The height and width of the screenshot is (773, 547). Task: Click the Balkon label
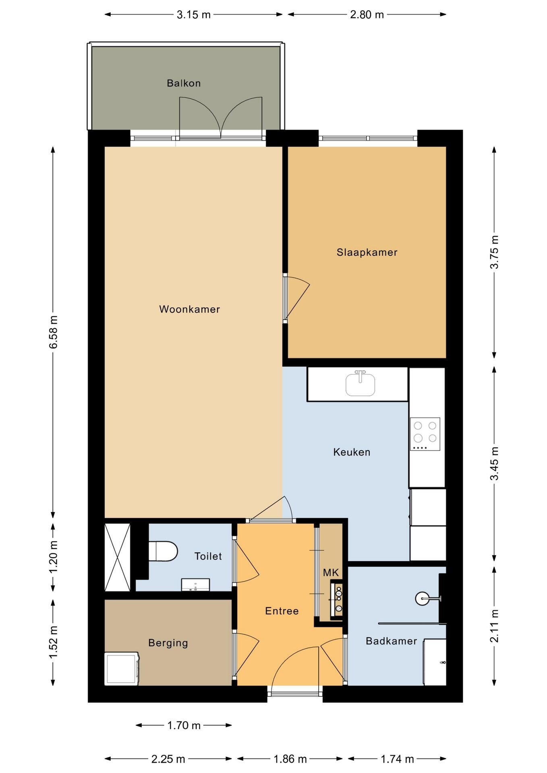pos(184,83)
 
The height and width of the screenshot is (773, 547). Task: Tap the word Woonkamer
pos(189,309)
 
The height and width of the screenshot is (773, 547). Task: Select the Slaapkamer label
pos(367,252)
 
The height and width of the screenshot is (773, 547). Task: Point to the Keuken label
pos(352,452)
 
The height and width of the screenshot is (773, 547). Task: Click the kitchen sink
pos(361,383)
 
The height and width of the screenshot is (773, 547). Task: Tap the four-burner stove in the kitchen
pos(425,434)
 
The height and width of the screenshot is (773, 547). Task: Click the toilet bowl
pos(163,551)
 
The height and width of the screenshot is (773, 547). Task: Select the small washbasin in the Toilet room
pos(195,585)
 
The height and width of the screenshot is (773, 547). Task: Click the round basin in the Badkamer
pos(423,599)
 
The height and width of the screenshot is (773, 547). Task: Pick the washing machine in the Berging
pos(122,669)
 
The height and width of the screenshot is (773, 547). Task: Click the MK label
pos(331,573)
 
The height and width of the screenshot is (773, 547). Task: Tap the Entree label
pos(282,611)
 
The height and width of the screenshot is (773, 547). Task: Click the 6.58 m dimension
pos(53,332)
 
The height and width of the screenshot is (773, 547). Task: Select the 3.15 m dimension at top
pos(194,15)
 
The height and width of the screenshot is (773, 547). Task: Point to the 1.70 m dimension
pos(184,725)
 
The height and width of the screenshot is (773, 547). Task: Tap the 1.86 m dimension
pos(290,759)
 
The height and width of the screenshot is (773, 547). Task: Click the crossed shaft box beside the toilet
pos(118,557)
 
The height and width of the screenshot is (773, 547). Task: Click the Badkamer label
pos(391,641)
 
